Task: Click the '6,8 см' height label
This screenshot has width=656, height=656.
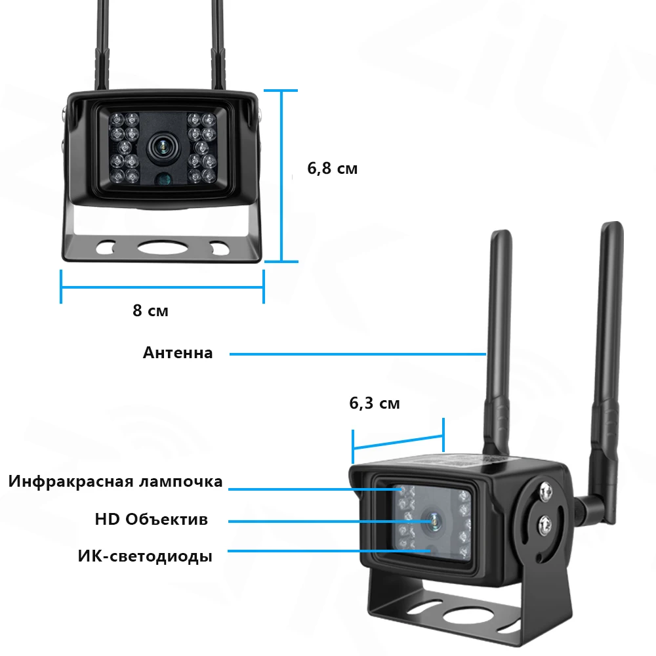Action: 333,168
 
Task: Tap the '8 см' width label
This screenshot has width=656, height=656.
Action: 150,310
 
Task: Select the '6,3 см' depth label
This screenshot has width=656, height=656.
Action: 374,403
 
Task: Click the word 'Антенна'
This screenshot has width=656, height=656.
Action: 178,353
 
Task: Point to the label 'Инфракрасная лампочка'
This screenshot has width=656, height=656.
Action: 115,482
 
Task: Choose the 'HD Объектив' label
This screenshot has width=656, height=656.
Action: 151,520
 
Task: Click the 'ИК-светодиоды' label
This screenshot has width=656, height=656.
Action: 145,557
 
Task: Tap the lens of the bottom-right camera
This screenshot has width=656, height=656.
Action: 432,521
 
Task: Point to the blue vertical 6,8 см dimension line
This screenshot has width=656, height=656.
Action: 281,176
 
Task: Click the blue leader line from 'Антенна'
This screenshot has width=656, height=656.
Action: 358,354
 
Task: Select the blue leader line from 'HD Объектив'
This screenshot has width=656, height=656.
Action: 328,522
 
